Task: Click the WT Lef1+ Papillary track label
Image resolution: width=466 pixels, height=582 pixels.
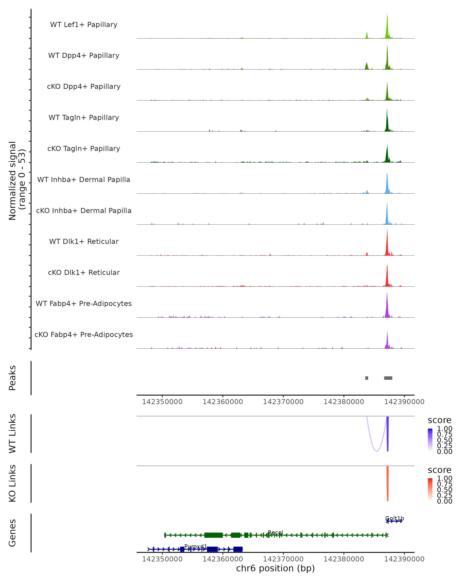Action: pyautogui.click(x=84, y=25)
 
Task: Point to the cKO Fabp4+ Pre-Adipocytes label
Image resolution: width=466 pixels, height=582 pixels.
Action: pyautogui.click(x=84, y=334)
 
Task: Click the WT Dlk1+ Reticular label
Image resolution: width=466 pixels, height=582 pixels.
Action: pyautogui.click(x=84, y=241)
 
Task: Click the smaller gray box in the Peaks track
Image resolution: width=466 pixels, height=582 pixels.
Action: pyautogui.click(x=367, y=378)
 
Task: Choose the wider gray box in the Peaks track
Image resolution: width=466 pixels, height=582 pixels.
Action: pyautogui.click(x=388, y=378)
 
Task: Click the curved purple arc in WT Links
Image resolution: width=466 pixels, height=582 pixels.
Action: pyautogui.click(x=376, y=451)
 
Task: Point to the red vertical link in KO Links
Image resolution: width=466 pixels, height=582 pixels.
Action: pyautogui.click(x=387, y=483)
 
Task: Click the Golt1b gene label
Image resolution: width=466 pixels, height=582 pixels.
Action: pyautogui.click(x=394, y=518)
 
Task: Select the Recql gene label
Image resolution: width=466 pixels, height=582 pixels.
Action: pyautogui.click(x=275, y=533)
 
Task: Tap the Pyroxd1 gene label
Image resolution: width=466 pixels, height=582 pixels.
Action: pyautogui.click(x=196, y=546)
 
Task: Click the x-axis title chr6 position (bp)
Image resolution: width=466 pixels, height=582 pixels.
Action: pyautogui.click(x=275, y=568)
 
